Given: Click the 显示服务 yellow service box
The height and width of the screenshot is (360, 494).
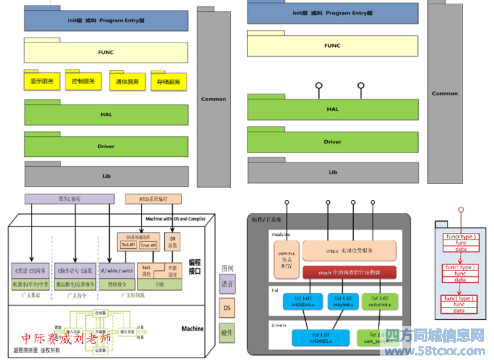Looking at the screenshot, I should (42, 81).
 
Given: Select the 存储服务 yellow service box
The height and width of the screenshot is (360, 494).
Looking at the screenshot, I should (169, 82).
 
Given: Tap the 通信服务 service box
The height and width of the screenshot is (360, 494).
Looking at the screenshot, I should (127, 82).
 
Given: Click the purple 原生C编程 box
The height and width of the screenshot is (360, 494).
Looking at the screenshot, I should (69, 199).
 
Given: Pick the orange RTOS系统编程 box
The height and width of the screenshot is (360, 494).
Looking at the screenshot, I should (153, 199).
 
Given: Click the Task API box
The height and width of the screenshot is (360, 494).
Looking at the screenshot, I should (128, 245).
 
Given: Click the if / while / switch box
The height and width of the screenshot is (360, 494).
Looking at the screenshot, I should (117, 271).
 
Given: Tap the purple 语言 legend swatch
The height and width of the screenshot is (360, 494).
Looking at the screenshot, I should (227, 285).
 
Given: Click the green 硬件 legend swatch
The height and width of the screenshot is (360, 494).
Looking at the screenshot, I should (227, 333).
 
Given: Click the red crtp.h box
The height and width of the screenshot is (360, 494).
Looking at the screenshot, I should (349, 272).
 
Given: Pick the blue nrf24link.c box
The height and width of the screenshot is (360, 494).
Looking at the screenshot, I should (303, 301).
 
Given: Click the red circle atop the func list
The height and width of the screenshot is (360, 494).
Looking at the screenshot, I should (459, 210).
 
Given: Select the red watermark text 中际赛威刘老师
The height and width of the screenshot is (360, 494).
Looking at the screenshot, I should (67, 338).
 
